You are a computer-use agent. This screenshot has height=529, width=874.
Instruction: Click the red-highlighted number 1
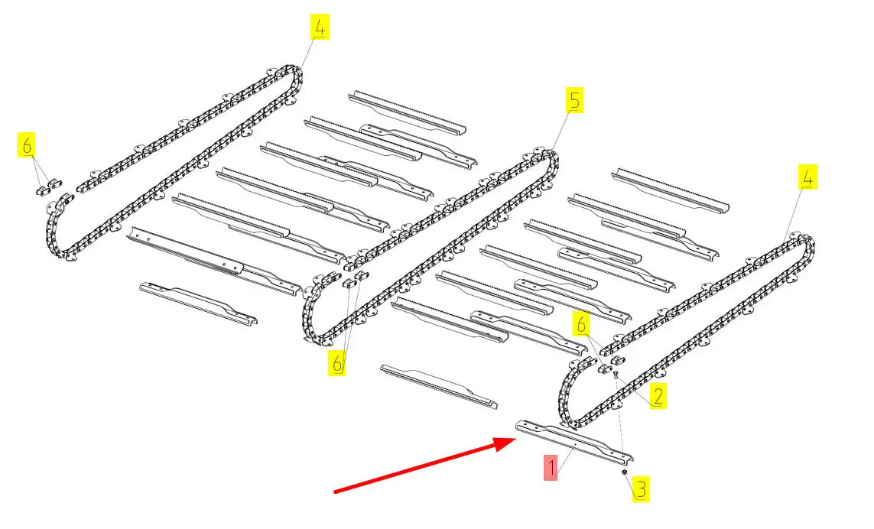(551, 468)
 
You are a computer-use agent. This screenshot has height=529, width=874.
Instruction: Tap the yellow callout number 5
(574, 101)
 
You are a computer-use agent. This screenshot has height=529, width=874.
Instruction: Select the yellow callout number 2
(658, 396)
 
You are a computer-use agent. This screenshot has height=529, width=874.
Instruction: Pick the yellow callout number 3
(642, 489)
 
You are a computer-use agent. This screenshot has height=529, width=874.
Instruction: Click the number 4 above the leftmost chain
(320, 28)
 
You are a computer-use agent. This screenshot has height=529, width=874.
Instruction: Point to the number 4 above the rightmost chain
(807, 177)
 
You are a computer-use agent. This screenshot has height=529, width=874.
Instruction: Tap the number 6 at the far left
(27, 145)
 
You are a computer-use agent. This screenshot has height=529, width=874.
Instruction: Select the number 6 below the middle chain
(337, 364)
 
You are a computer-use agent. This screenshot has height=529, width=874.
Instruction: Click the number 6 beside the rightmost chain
(581, 324)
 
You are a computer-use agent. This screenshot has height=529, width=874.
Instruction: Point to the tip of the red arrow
(516, 438)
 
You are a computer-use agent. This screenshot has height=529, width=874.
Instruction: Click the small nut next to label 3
(625, 473)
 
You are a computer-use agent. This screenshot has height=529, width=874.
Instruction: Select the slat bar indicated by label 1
(574, 441)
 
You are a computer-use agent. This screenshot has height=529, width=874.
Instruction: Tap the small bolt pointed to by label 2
(616, 375)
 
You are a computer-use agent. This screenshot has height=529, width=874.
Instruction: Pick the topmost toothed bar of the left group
(407, 112)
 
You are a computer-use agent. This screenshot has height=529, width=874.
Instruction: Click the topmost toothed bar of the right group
(670, 190)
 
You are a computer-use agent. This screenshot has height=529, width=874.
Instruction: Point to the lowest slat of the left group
(199, 303)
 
